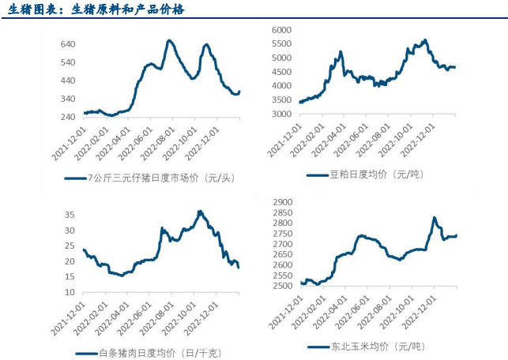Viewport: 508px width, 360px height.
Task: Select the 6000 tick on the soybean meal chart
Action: click(x=281, y=29)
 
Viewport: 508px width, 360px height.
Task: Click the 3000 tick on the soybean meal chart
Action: click(x=281, y=114)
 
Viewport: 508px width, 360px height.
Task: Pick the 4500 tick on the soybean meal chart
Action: click(x=281, y=72)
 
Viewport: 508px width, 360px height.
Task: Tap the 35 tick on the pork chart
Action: click(x=70, y=215)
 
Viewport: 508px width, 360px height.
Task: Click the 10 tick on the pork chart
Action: click(x=70, y=291)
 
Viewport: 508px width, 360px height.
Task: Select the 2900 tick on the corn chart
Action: click(x=281, y=203)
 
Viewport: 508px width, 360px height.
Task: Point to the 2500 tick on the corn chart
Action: click(x=281, y=285)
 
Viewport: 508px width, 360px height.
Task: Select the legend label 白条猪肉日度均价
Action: click(x=150, y=353)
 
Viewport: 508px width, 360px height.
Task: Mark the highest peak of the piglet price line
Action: click(x=170, y=40)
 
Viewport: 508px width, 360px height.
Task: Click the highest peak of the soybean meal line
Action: click(x=425, y=39)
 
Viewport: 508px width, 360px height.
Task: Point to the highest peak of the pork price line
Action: click(x=200, y=211)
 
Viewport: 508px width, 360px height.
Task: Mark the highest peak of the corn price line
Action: click(x=434, y=217)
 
